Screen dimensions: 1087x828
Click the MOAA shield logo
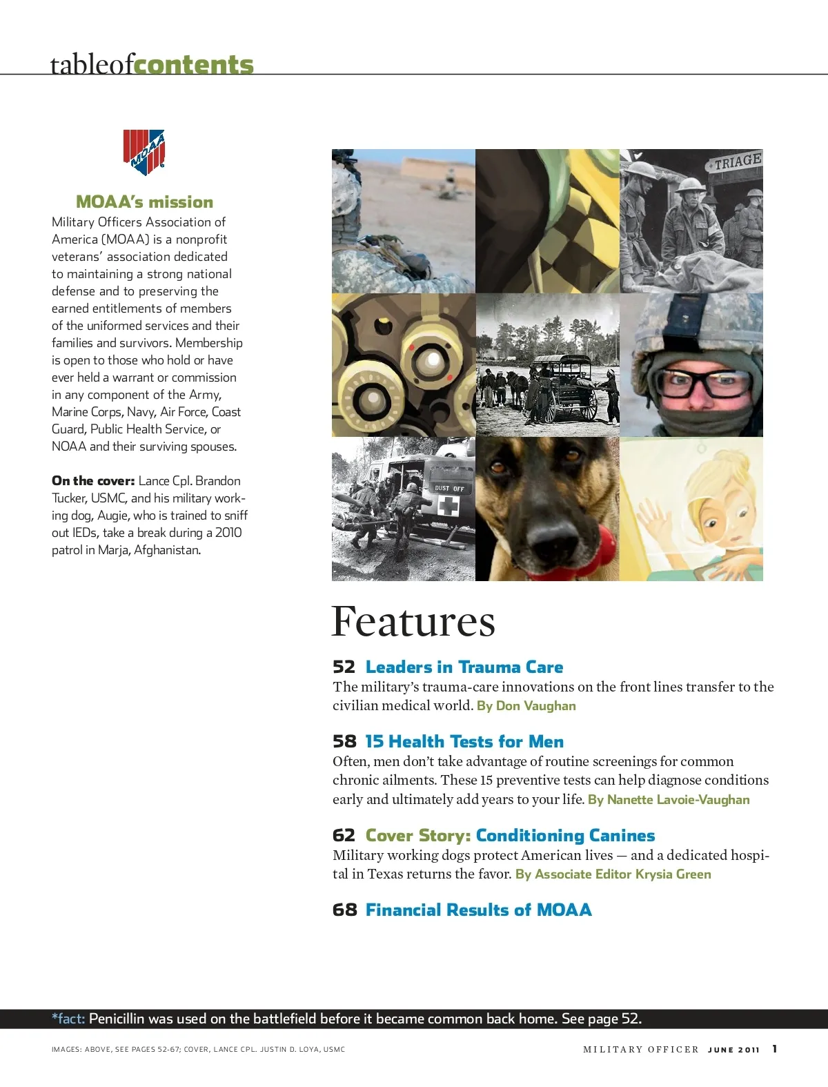pyautogui.click(x=144, y=152)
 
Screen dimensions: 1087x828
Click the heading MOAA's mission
pyautogui.click(x=144, y=202)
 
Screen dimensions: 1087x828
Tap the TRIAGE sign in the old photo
pyautogui.click(x=735, y=162)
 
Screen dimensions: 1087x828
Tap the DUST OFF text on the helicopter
pyautogui.click(x=449, y=489)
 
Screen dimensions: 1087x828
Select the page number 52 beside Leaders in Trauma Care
pyautogui.click(x=344, y=667)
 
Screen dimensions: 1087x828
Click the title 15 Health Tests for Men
pyautogui.click(x=464, y=742)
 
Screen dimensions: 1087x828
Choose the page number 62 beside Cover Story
pyautogui.click(x=344, y=836)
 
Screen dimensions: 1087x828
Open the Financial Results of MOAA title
pyautogui.click(x=478, y=910)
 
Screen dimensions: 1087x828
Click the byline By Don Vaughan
pyautogui.click(x=526, y=706)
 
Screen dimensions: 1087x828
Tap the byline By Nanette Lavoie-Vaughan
pyautogui.click(x=669, y=800)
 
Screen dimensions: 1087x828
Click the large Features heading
pyautogui.click(x=413, y=622)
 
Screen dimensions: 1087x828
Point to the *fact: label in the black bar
pyautogui.click(x=68, y=1019)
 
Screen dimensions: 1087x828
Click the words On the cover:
pyautogui.click(x=93, y=481)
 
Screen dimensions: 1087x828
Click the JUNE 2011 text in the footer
pyautogui.click(x=733, y=1050)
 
